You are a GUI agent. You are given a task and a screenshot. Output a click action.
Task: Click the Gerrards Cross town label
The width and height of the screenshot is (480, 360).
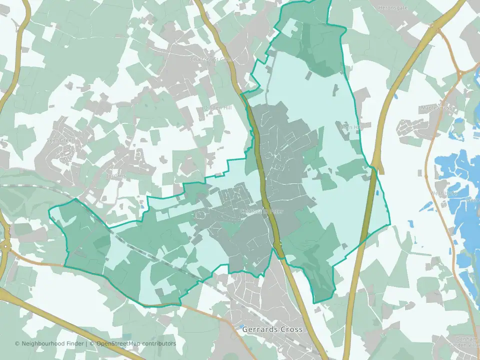(x=265, y=330)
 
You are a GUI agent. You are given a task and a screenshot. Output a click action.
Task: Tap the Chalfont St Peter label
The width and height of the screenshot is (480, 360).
(x=261, y=211)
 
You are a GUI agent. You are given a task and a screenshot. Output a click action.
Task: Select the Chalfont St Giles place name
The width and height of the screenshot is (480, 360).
(x=212, y=59)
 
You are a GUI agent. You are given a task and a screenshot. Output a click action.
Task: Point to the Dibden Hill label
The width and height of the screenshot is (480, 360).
(x=218, y=108)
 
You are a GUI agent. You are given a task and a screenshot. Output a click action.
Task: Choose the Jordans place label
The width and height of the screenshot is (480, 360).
(x=114, y=176)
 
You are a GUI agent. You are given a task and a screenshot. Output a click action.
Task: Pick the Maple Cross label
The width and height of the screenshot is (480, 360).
(x=436, y=108)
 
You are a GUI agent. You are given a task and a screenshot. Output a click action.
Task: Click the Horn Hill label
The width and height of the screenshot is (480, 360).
(x=350, y=127)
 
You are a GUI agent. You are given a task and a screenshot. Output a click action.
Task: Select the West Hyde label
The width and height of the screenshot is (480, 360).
(x=444, y=193)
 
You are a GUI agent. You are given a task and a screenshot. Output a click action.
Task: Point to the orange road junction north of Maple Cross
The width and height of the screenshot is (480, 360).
(x=458, y=75)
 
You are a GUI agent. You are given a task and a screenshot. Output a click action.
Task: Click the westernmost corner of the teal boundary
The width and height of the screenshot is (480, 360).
(x=49, y=210)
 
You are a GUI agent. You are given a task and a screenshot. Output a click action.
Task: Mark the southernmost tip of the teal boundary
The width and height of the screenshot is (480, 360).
(x=314, y=303)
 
